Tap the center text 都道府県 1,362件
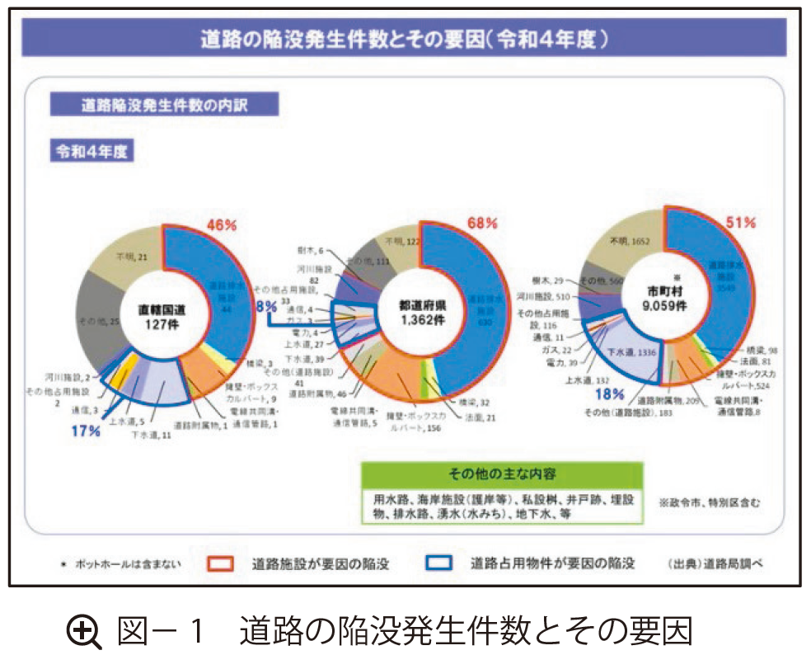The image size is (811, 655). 422,311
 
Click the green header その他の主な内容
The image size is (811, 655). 501,474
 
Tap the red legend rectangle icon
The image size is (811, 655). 221,564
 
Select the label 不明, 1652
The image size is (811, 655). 630,241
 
